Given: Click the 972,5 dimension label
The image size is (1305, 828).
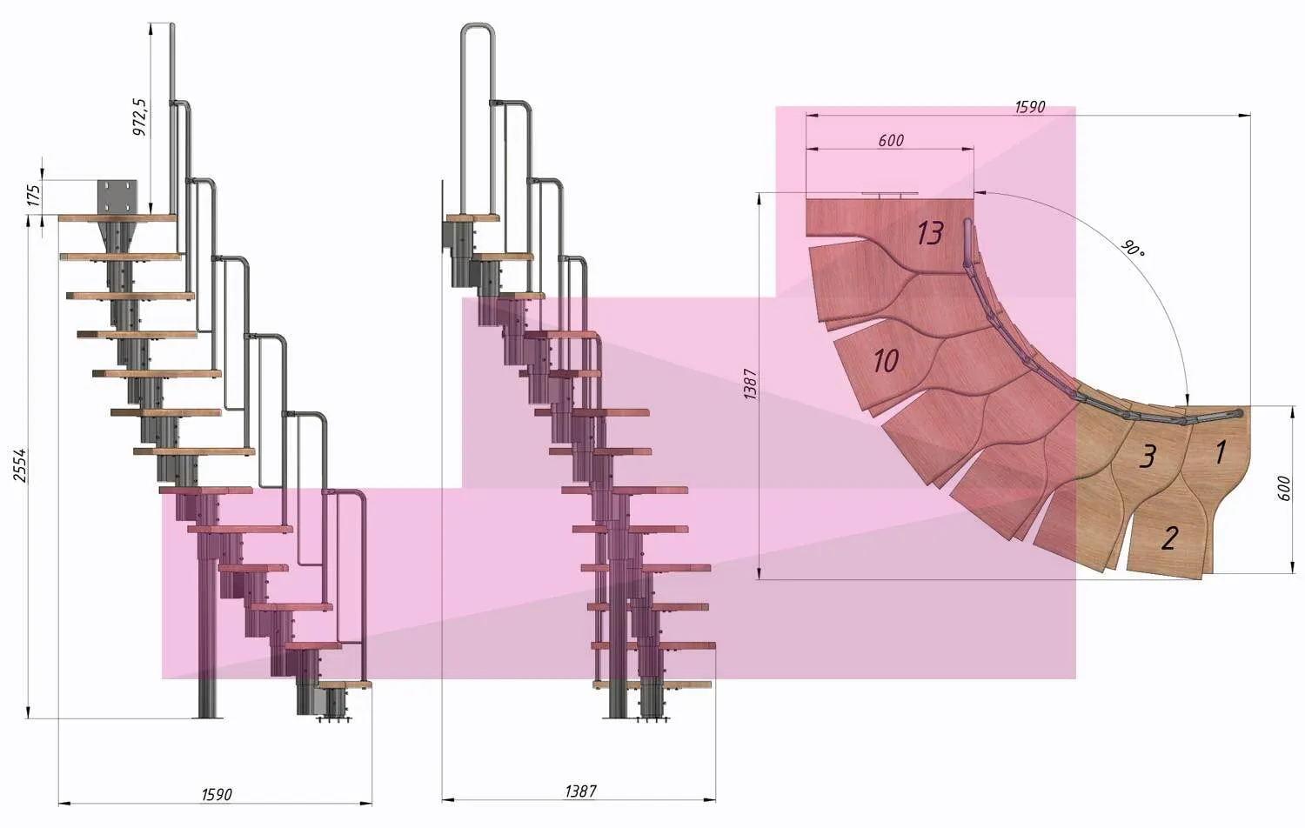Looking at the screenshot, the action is point(140,117).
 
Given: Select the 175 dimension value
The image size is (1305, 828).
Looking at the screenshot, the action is point(35,196).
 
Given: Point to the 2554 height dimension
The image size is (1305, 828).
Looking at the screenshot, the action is point(20,464).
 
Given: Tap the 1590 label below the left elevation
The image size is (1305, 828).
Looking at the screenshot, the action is point(217,794).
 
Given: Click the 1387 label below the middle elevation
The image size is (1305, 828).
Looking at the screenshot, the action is point(580,791).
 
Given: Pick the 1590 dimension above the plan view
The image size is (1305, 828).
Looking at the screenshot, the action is point(1029,107).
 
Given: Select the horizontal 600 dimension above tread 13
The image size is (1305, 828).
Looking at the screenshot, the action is point(891,140).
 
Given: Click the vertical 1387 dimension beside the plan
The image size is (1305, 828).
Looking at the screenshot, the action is point(750,384).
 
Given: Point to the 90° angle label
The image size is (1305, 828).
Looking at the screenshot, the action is point(1132,248).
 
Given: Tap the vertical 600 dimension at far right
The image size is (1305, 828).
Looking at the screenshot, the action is point(1283,488).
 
